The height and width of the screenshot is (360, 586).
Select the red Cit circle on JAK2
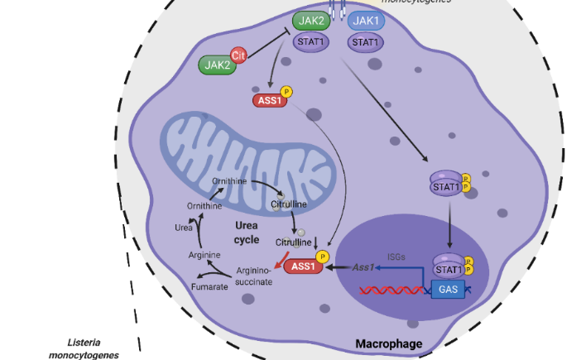(239, 55)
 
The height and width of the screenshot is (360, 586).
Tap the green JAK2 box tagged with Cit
(216, 64)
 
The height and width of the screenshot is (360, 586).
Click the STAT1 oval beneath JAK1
(366, 41)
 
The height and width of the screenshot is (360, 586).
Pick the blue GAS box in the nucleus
(448, 290)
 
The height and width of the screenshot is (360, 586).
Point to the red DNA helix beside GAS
(392, 290)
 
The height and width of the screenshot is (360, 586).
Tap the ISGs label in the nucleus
(396, 257)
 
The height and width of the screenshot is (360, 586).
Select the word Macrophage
(388, 344)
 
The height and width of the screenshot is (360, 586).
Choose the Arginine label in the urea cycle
(204, 254)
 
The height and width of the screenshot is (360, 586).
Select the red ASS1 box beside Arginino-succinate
(304, 267)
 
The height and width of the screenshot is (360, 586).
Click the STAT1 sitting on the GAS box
(448, 269)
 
